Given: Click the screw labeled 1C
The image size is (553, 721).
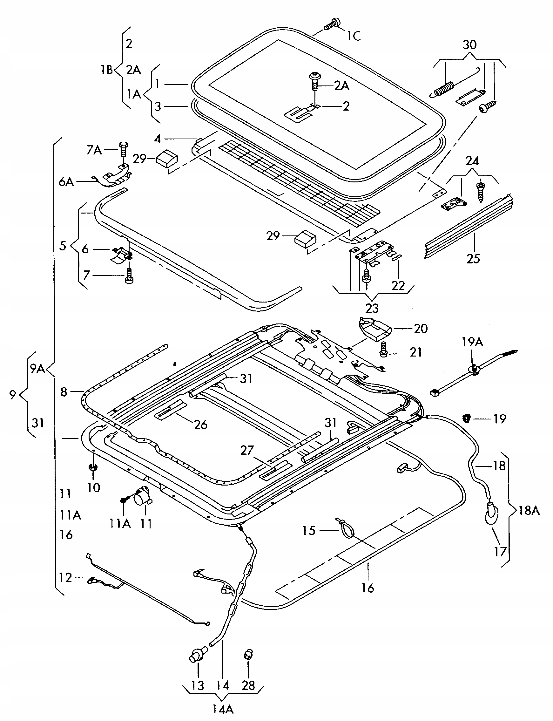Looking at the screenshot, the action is click(333, 24).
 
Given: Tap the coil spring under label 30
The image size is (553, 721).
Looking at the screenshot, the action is click(443, 89).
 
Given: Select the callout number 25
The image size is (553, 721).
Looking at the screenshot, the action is click(473, 258).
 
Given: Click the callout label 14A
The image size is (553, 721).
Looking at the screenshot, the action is click(223, 709).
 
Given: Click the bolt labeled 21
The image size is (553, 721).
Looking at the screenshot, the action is click(383, 349).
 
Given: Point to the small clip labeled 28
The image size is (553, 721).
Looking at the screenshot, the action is click(248, 654).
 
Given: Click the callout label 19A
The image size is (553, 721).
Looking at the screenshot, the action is click(472, 342).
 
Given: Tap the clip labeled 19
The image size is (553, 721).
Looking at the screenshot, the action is click(466, 418).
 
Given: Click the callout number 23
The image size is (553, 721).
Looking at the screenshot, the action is click(372, 308).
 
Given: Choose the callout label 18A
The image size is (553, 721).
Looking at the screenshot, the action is click(529, 510).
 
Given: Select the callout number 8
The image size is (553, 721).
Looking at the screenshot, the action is click(64, 392).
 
